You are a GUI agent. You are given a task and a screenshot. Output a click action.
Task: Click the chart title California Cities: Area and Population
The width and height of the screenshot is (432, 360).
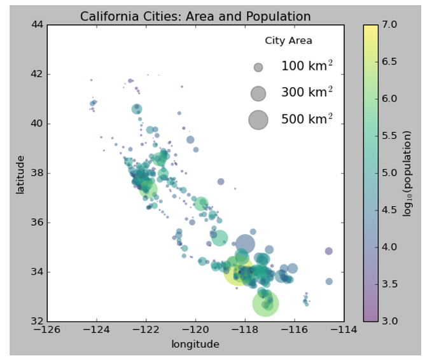(195, 17)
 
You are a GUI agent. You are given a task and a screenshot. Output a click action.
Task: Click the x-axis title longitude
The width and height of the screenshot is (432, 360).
(195, 344)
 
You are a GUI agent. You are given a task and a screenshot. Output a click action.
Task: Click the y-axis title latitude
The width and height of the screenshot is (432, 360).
(20, 174)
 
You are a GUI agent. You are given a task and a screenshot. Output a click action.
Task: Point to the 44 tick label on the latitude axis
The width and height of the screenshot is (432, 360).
(37, 25)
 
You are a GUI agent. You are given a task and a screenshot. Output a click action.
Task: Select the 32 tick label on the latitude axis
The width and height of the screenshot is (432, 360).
(37, 321)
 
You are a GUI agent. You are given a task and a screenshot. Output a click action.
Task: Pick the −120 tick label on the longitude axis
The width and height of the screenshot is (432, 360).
(195, 331)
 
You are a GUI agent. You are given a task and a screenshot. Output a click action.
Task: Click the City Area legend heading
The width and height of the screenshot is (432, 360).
(288, 41)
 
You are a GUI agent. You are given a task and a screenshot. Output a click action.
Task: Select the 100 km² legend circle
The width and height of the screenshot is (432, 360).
(258, 67)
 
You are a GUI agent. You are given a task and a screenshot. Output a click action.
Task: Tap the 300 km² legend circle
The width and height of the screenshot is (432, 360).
(258, 93)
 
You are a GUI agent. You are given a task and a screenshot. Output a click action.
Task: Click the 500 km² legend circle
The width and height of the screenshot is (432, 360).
(258, 119)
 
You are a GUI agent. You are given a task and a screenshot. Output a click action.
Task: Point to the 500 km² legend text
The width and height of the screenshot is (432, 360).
(307, 119)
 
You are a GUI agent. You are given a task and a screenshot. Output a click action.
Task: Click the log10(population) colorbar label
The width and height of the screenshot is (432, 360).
(407, 174)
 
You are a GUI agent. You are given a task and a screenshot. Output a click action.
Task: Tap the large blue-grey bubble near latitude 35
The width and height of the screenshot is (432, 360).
(245, 244)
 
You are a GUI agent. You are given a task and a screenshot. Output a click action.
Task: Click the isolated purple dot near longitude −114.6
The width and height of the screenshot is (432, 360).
(328, 251)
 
